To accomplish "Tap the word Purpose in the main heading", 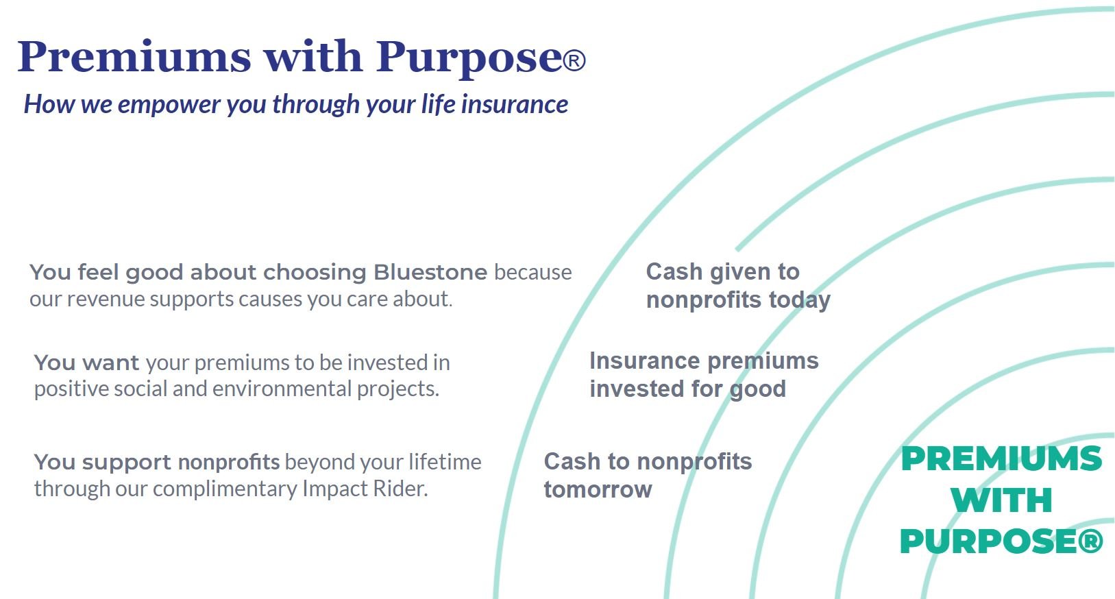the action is [x=469, y=60].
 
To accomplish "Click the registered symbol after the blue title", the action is [x=574, y=61].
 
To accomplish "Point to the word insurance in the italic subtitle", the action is [x=515, y=104].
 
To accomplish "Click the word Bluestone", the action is [x=430, y=272].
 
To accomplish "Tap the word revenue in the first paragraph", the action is [x=106, y=300].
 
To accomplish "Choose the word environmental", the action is [x=282, y=389].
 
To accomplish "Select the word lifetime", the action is [x=445, y=461].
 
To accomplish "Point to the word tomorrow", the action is [x=598, y=490].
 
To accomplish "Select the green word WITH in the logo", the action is [x=1001, y=500].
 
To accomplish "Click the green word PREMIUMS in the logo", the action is [x=1001, y=459].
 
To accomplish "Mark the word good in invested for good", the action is [x=758, y=389].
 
